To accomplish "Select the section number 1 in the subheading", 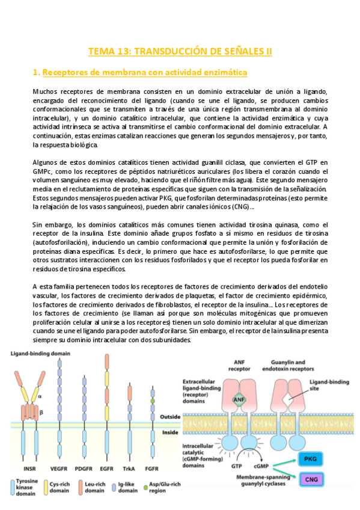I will (x=35, y=73).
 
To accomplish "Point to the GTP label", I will (x=236, y=465).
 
